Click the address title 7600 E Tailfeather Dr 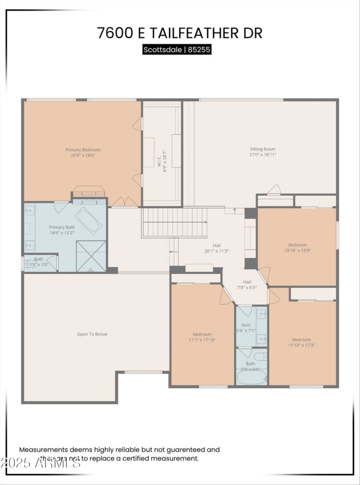[x=180, y=33]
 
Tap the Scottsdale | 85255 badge [x=177, y=49]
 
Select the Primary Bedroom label [x=83, y=152]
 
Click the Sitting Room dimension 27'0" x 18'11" [x=263, y=154]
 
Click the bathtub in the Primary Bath [x=88, y=220]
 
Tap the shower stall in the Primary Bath [x=91, y=256]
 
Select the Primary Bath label [x=62, y=230]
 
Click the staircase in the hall [x=175, y=222]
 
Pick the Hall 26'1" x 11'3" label [x=217, y=248]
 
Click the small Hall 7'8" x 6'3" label [x=247, y=284]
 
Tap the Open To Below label [x=92, y=334]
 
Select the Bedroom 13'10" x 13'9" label [x=297, y=248]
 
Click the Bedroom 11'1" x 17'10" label [x=202, y=337]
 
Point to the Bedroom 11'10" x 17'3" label [x=301, y=342]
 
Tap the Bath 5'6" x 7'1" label [x=246, y=328]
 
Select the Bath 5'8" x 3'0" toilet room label [x=39, y=262]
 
